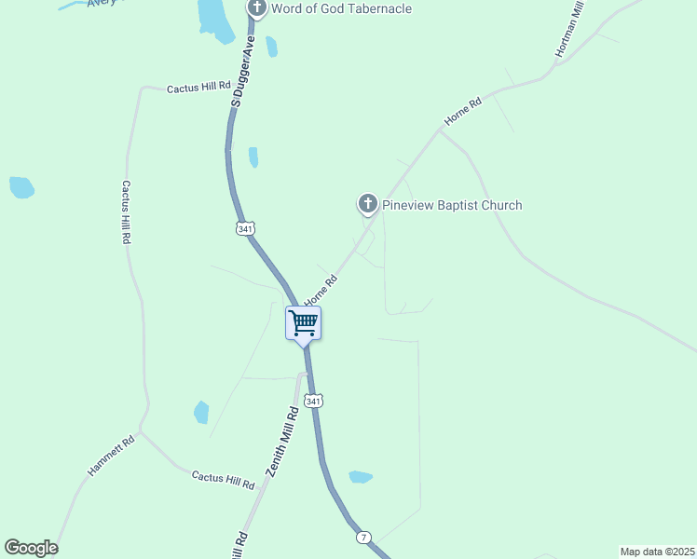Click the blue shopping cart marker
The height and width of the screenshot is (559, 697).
click(x=303, y=324)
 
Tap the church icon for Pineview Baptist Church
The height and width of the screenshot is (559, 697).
click(x=368, y=203)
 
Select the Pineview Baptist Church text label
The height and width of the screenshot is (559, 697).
click(x=453, y=206)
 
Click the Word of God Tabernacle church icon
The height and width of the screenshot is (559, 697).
click(x=257, y=8)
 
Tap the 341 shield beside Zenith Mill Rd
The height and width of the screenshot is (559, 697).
click(x=315, y=402)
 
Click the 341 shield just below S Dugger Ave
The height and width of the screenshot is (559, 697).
click(x=244, y=228)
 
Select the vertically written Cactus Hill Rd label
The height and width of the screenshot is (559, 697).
click(x=126, y=212)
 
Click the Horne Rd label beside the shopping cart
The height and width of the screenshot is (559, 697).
click(x=320, y=290)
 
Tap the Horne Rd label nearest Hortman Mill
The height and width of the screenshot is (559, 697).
click(x=463, y=112)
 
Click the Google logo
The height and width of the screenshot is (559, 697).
click(x=31, y=548)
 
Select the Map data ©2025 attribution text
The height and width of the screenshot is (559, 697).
click(x=657, y=552)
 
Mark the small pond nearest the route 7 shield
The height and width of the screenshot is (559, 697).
click(x=360, y=477)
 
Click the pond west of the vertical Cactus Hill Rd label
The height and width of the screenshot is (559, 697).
click(x=21, y=187)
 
